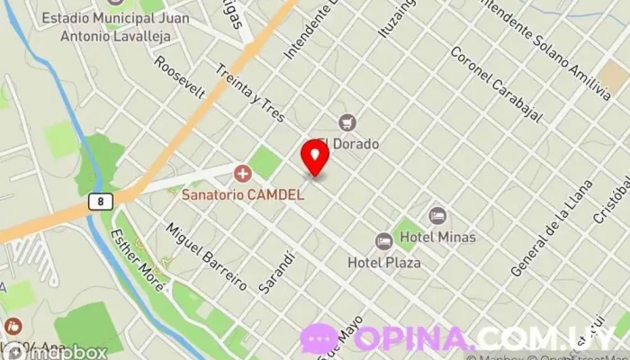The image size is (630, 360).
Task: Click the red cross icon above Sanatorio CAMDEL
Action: (241, 172)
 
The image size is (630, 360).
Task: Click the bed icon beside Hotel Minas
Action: (437, 216)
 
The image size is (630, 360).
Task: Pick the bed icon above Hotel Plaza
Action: (383, 241)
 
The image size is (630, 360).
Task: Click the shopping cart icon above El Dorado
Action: (346, 122)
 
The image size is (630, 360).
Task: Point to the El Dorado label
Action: (346, 143)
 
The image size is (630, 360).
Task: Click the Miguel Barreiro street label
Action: (206, 256)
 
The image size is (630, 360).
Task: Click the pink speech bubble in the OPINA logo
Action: (319, 339)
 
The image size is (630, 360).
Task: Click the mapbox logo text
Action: (67, 353)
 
